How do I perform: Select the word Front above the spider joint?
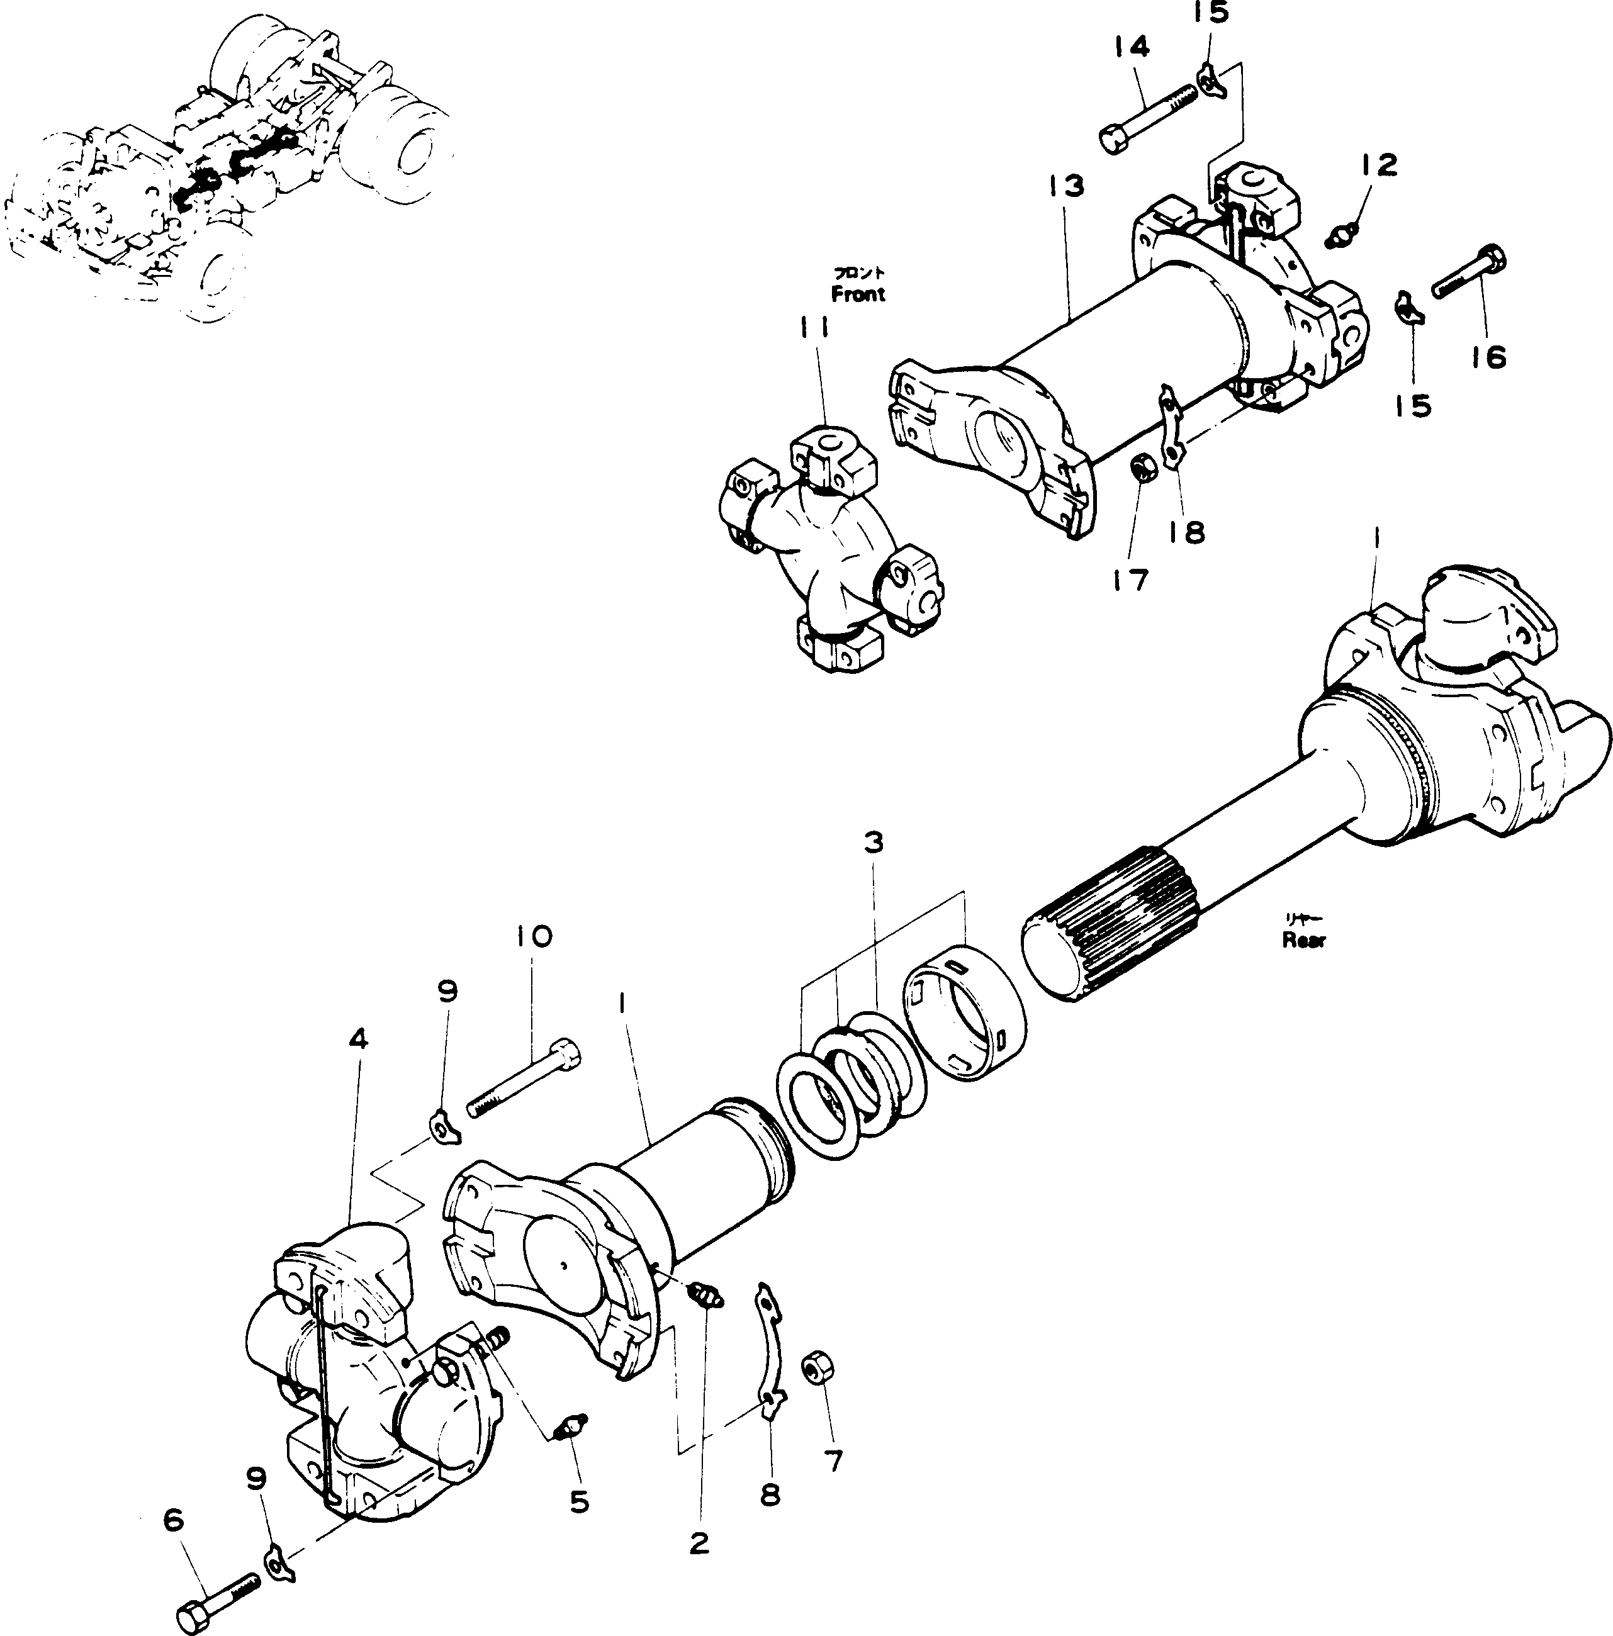[858, 294]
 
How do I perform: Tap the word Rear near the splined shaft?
[1303, 939]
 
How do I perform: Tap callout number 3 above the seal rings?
[873, 843]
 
